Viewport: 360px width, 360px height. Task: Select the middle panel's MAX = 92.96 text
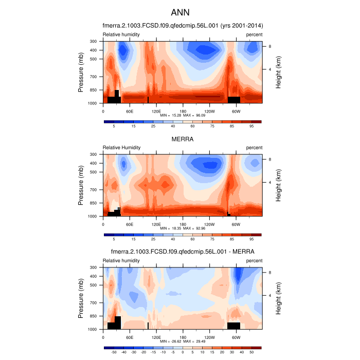pyautogui.click(x=194, y=228)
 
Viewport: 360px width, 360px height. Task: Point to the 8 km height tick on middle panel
pyautogui.click(x=269, y=159)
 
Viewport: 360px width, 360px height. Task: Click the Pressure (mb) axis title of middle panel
pyautogui.click(x=81, y=185)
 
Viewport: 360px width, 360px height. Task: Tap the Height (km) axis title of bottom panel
pyautogui.click(x=278, y=298)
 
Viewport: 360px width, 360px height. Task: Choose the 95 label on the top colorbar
pyautogui.click(x=251, y=126)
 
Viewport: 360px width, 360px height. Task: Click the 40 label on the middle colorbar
pyautogui.click(x=173, y=239)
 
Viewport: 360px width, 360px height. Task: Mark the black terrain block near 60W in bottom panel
pyautogui.click(x=233, y=326)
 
